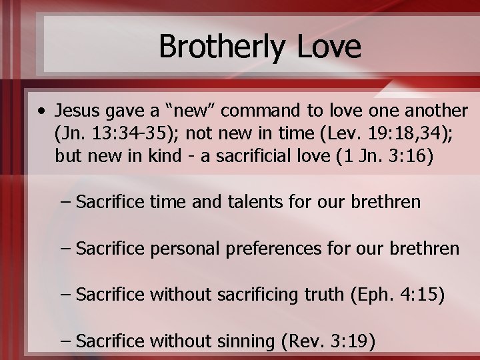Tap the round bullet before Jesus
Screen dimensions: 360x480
42,109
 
